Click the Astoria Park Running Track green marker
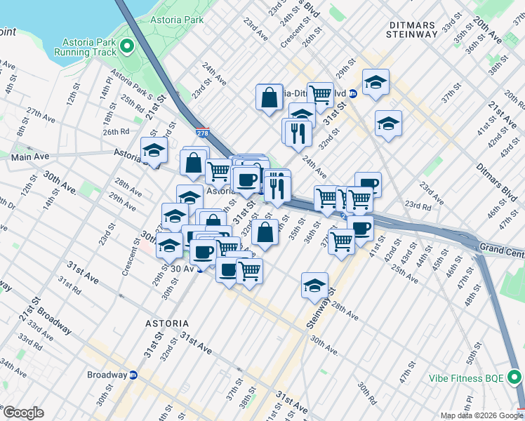127,46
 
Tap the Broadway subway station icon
133,375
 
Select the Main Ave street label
29,157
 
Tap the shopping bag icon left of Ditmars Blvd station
270,98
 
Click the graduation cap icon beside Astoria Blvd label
154,149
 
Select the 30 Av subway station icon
200,268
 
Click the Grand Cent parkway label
501,248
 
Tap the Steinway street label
319,309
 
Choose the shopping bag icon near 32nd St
264,234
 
